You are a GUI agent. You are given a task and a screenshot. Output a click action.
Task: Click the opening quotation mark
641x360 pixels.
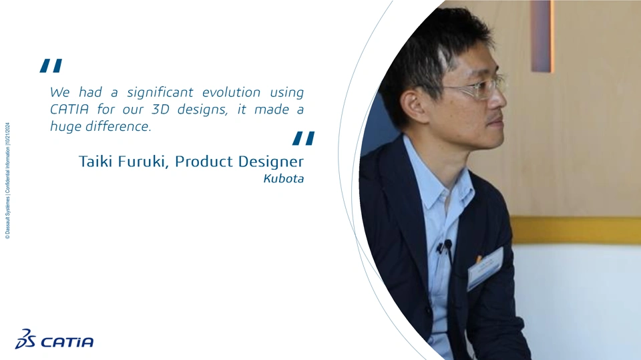point(51,66)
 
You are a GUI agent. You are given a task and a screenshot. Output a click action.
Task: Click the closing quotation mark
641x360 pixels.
point(303,138)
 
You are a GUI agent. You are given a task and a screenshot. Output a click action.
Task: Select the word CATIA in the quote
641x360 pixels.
point(69,110)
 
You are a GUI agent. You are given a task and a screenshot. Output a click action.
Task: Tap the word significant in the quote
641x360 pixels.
point(160,93)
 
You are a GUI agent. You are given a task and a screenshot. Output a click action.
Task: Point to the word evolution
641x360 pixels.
point(232,92)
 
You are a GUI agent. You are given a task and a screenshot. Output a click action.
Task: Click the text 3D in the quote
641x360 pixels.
point(160,110)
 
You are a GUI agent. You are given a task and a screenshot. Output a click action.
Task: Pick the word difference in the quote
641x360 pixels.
point(118,126)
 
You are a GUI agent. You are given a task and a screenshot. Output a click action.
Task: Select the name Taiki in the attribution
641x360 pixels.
point(95,161)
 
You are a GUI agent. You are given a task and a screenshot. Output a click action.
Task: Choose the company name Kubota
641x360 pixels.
point(284,179)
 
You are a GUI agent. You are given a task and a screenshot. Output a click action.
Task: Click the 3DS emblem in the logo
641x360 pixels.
point(25,339)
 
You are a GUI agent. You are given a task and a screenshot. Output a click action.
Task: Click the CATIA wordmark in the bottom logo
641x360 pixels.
point(67,342)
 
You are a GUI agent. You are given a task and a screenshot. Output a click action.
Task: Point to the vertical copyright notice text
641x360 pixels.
point(7,180)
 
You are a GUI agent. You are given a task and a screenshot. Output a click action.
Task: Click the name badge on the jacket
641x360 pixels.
point(485,268)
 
